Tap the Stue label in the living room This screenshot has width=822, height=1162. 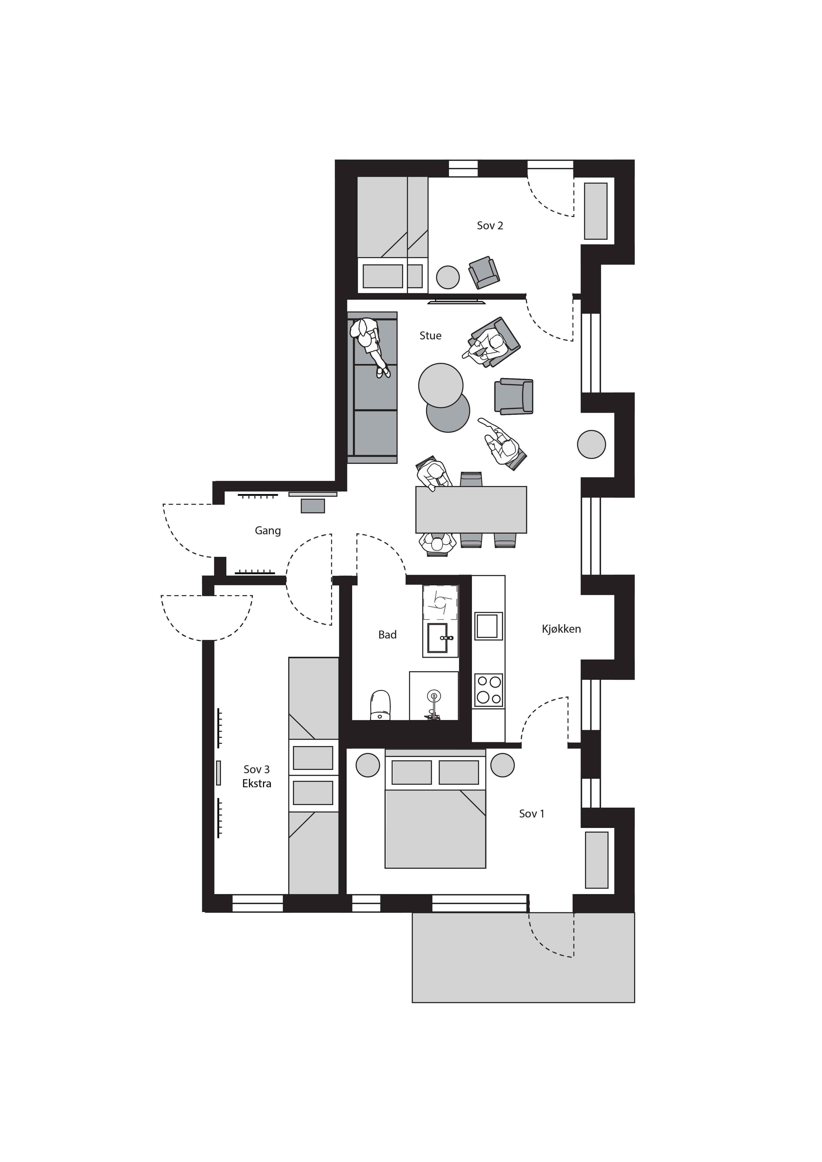[x=430, y=336]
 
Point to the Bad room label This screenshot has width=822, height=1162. [x=387, y=635]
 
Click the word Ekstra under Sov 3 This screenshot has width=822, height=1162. [x=257, y=783]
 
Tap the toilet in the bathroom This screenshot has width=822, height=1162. [x=381, y=705]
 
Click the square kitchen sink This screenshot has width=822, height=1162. [x=488, y=626]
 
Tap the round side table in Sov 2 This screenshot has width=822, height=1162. [x=448, y=277]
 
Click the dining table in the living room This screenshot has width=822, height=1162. [x=471, y=510]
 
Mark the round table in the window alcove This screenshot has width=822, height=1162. [x=591, y=444]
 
